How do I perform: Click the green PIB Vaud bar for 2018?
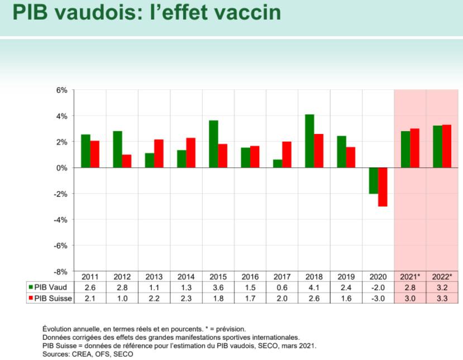tap(309, 141)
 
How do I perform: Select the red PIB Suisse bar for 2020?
tap(383, 187)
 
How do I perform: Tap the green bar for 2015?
tap(213, 144)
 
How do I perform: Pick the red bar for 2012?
tap(127, 161)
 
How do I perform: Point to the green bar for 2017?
tap(278, 164)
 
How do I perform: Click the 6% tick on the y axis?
tap(61, 90)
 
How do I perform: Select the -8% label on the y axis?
tap(60, 271)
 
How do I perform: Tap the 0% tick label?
tap(61, 168)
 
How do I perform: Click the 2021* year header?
tap(410, 277)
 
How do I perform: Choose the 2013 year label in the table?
tap(154, 277)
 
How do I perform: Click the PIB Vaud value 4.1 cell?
tap(314, 287)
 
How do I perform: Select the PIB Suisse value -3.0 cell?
tap(378, 297)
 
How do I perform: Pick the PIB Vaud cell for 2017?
tap(282, 287)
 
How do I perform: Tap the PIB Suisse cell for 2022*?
tap(442, 297)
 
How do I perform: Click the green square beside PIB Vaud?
tap(30, 287)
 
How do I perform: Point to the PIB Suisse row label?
tap(52, 297)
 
